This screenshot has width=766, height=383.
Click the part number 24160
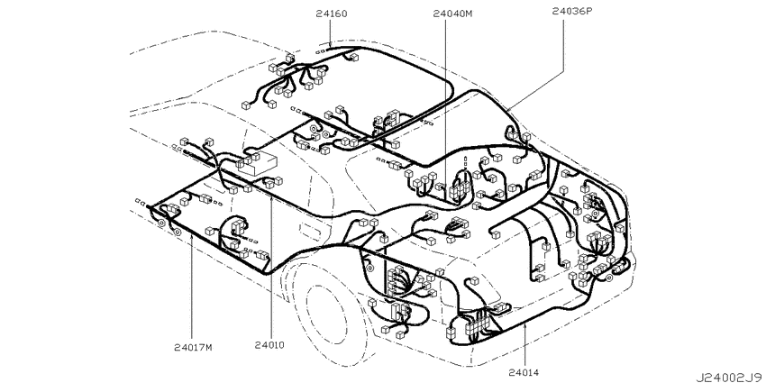click(332, 14)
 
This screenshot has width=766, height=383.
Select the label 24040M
click(453, 14)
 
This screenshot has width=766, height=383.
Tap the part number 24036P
click(572, 10)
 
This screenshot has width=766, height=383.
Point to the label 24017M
click(194, 347)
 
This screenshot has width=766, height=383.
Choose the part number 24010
click(269, 345)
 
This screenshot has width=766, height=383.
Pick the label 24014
click(524, 373)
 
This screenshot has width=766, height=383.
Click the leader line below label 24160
click(331, 33)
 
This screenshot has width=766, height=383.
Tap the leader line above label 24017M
click(192, 287)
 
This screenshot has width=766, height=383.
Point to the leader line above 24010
click(270, 266)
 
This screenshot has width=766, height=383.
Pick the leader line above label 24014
click(524, 344)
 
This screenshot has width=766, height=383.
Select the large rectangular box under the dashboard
click(258, 162)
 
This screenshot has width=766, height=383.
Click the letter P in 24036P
click(588, 10)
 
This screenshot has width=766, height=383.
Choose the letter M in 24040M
click(469, 14)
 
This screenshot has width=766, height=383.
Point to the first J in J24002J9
click(699, 377)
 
